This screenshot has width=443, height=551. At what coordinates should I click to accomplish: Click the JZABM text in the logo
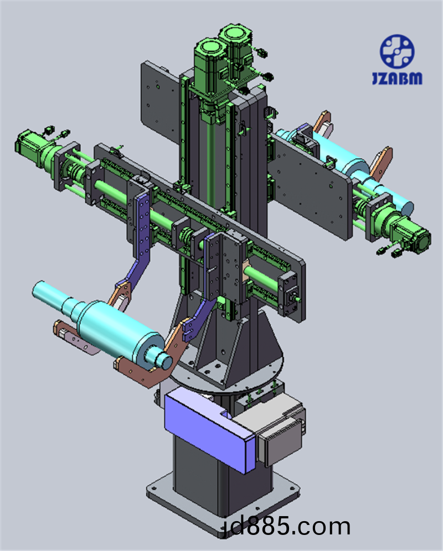pos(397,78)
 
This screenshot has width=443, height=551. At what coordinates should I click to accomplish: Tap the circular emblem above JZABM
pos(397,51)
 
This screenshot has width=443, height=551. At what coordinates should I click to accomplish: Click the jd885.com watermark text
pos(286,527)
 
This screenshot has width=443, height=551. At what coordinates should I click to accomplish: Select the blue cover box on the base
pos(210,428)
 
